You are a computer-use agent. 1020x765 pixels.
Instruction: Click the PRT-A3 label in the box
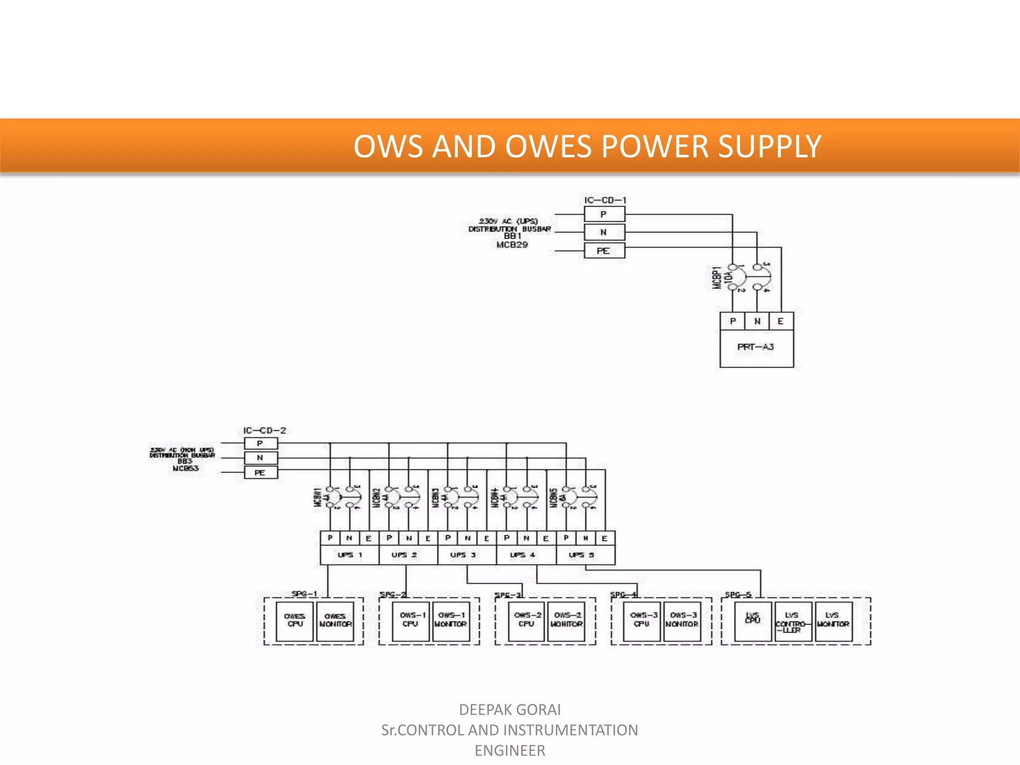tap(756, 347)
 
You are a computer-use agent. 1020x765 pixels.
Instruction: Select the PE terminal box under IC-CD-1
tap(604, 251)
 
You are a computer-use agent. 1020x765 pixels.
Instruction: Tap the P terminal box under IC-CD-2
tap(260, 443)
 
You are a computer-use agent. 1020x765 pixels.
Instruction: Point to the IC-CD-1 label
tap(605, 200)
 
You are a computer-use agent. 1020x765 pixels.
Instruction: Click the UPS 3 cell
tap(463, 555)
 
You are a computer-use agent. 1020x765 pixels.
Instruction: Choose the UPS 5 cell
tap(582, 555)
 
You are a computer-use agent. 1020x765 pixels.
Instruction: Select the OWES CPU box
tap(294, 621)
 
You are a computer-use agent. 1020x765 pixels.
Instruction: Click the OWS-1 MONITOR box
tap(451, 621)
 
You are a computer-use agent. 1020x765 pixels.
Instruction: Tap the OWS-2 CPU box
tap(526, 621)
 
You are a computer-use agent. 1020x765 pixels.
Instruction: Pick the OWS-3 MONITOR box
tap(682, 621)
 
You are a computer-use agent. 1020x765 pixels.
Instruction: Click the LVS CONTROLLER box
tap(793, 622)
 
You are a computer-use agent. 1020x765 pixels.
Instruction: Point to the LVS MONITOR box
tap(833, 621)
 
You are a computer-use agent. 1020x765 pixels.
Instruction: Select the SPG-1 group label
tap(304, 594)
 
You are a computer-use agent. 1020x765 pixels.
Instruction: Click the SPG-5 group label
tap(738, 594)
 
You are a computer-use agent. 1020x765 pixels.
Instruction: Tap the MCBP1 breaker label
tap(717, 277)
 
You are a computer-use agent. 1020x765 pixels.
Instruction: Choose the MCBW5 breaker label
tap(553, 498)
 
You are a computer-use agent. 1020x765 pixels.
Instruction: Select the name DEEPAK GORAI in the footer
tap(510, 709)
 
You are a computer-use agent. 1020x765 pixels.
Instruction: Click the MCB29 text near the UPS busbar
tap(512, 245)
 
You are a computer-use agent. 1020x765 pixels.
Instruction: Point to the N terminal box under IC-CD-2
tap(260, 458)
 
